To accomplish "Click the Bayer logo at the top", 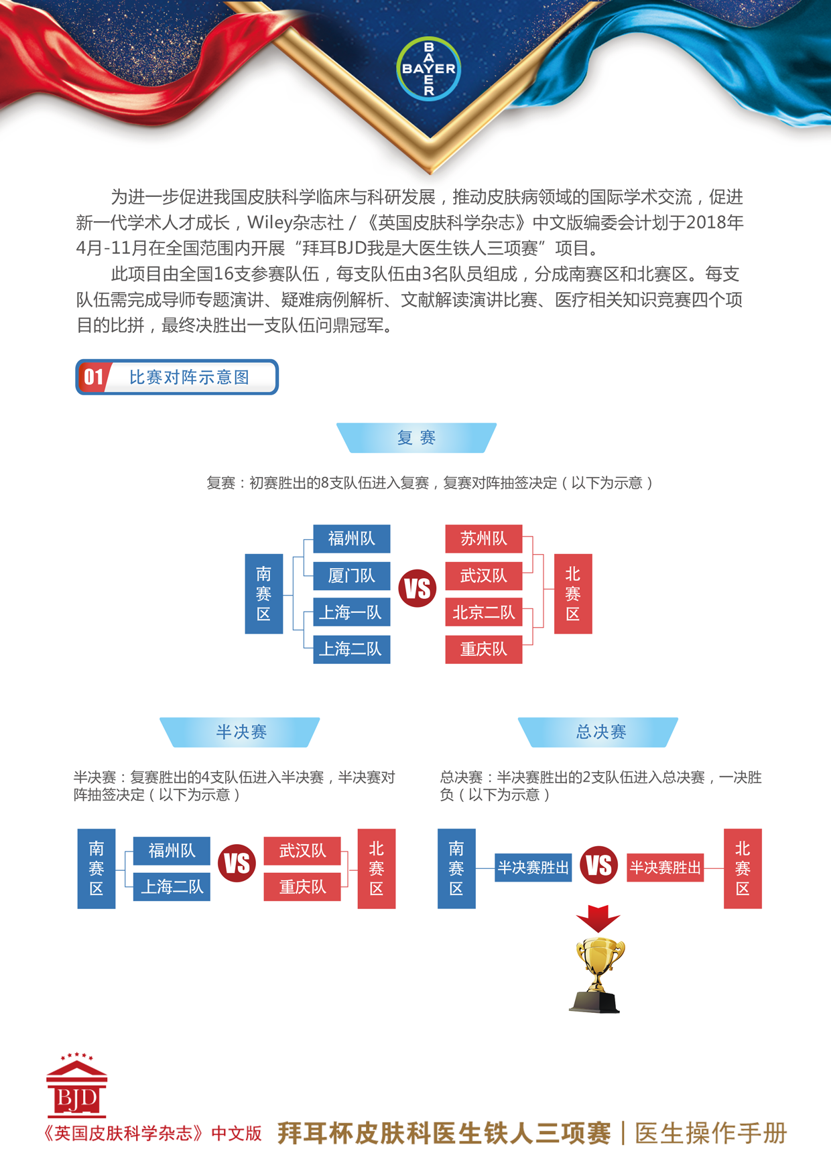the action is [x=428, y=69].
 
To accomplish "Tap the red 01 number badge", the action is [x=93, y=377].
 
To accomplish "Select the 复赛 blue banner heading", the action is [x=416, y=437].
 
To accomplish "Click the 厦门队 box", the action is [x=352, y=575].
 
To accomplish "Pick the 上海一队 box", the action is [x=352, y=612].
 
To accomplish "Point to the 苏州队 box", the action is [x=484, y=539].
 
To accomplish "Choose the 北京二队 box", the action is [x=484, y=612].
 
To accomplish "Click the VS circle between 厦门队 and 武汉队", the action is [x=418, y=589].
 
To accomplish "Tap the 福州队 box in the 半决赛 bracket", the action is [x=172, y=851].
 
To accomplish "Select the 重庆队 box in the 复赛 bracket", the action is [x=484, y=649].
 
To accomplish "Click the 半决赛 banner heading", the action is [x=240, y=732].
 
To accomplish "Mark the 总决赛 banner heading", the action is [x=598, y=732].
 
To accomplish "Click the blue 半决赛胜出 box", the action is [x=533, y=868].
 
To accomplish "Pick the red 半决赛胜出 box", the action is [x=665, y=868].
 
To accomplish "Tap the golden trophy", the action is [x=597, y=975].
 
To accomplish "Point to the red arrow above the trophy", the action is [x=598, y=918].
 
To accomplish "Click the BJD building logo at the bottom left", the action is [x=76, y=1085].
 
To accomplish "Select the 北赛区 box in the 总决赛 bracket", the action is [x=743, y=869].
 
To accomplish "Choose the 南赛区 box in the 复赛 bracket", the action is [x=264, y=594].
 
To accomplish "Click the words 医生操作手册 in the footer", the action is [x=710, y=1133].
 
